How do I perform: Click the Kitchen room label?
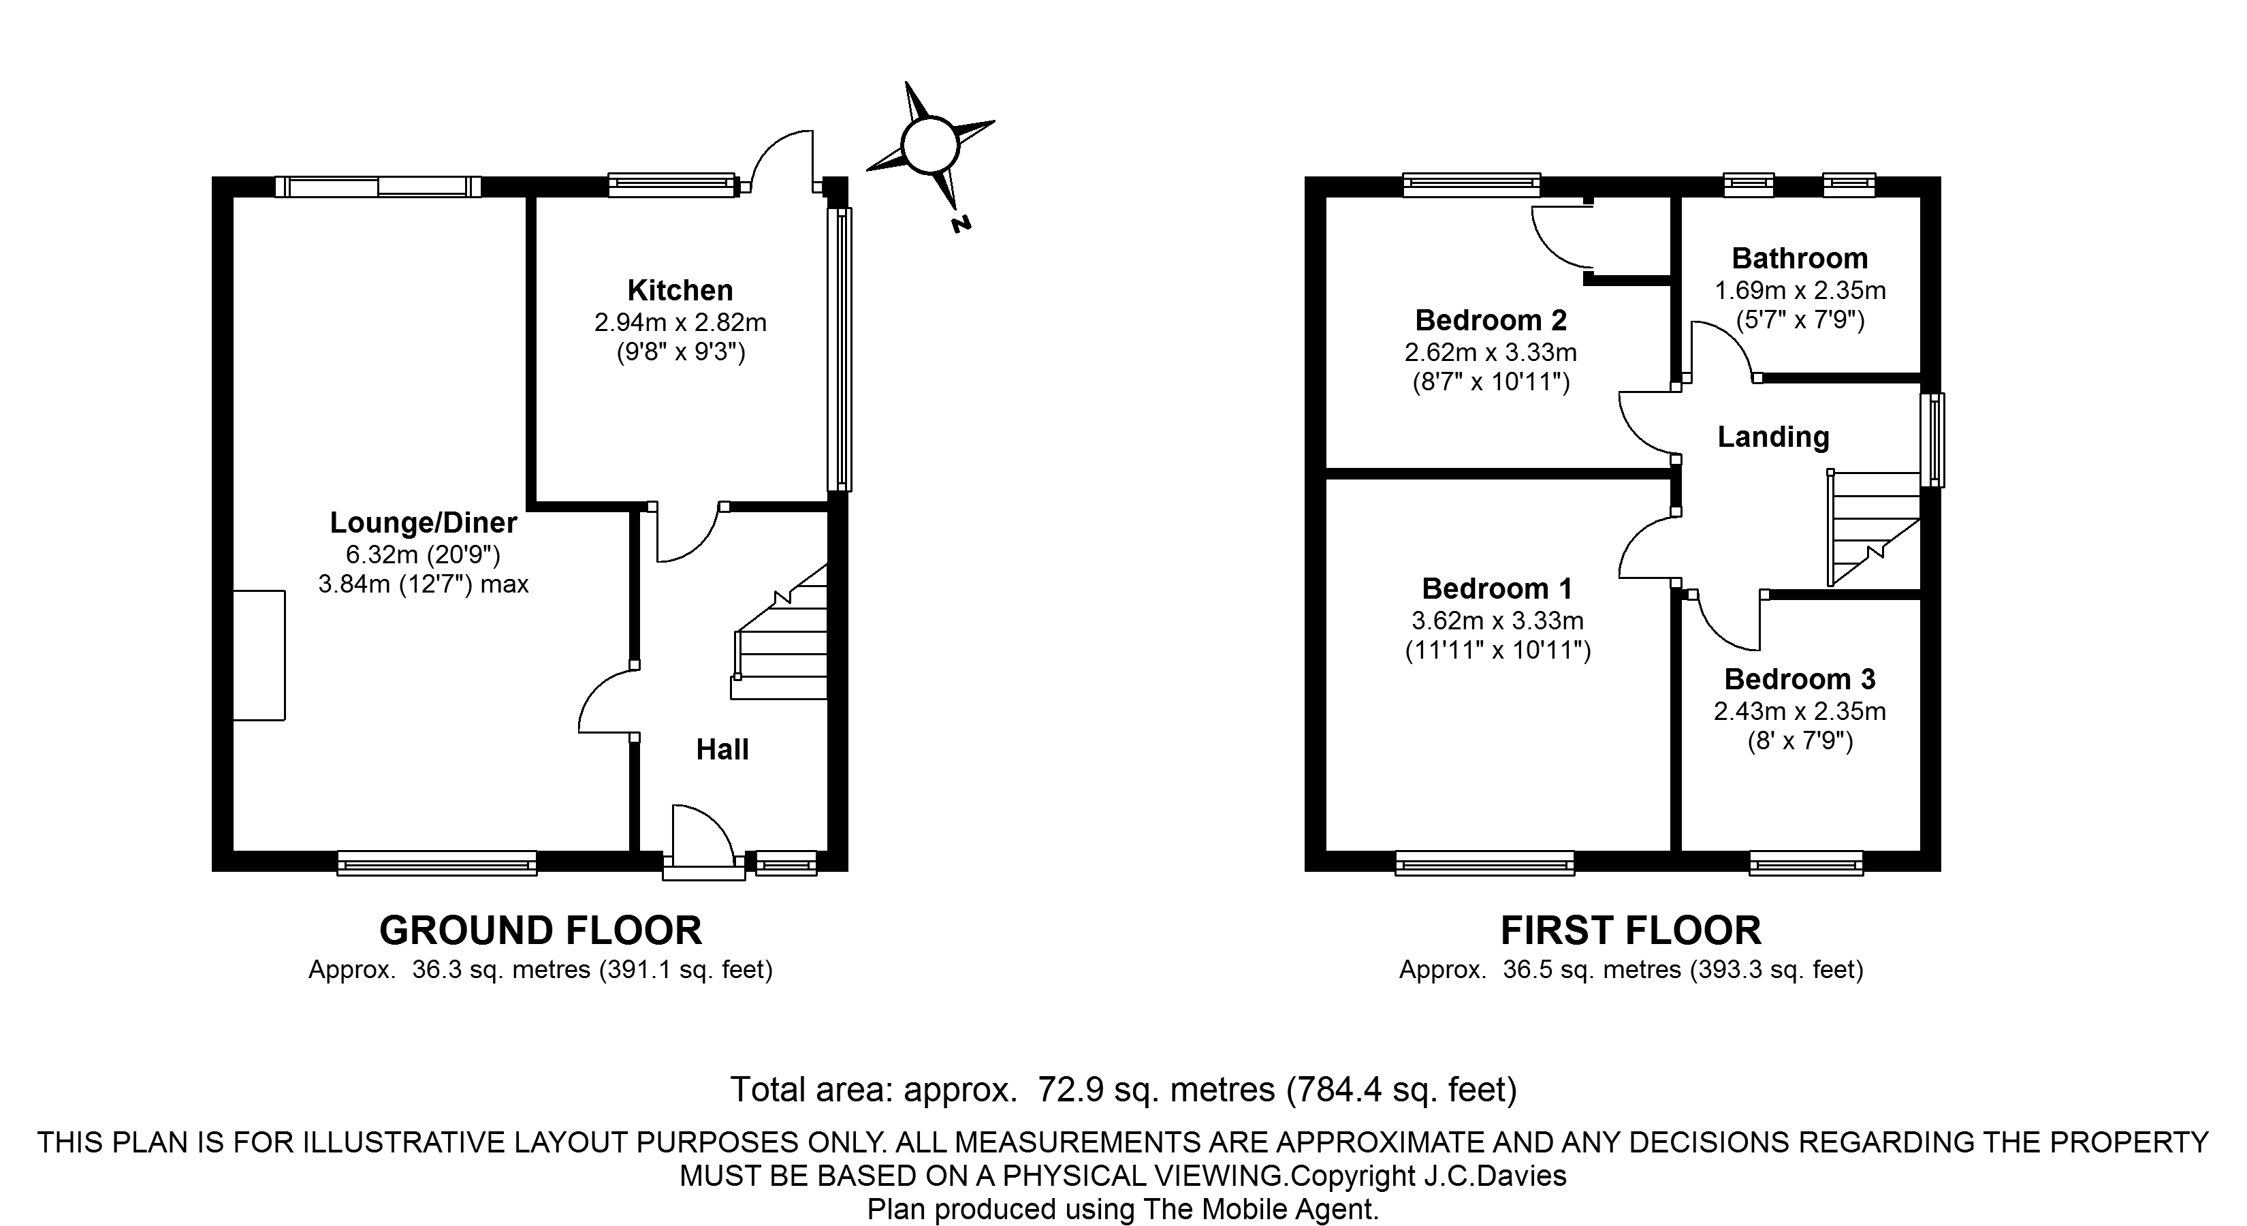click(x=680, y=289)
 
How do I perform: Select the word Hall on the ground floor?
click(x=722, y=749)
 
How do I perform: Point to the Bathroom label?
click(x=1800, y=258)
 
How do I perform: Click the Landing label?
click(x=1773, y=437)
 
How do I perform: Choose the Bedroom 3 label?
click(x=1800, y=679)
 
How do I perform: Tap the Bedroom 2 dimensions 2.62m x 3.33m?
click(x=1491, y=353)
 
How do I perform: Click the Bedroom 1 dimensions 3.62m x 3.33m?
click(x=1498, y=620)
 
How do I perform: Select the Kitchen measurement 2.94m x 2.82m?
click(x=680, y=323)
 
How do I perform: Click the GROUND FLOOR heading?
click(x=541, y=931)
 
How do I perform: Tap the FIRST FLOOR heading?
click(x=1631, y=931)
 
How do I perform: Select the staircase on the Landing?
click(x=1875, y=528)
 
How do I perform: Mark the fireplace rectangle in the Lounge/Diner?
click(x=259, y=655)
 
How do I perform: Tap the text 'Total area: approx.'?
click(x=873, y=1090)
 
